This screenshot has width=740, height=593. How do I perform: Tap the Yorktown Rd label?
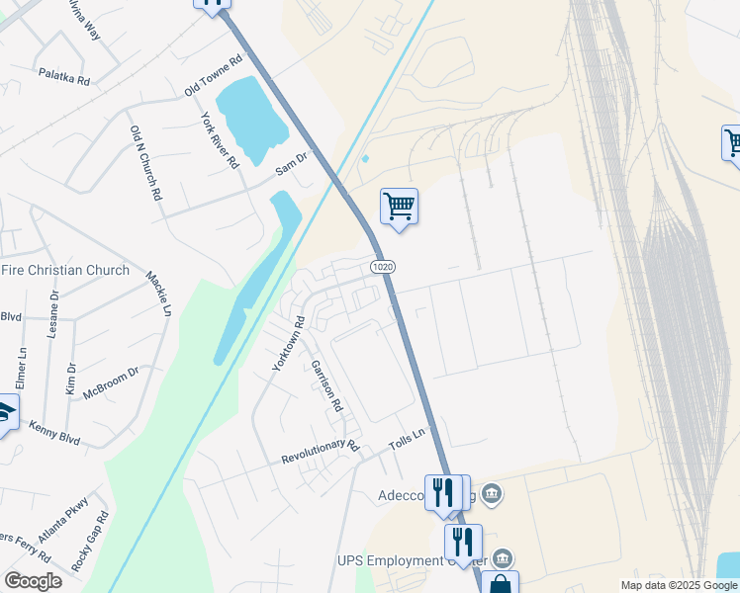(290, 344)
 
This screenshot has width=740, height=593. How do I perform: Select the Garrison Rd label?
(326, 385)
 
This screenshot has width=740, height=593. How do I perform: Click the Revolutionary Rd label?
(320, 452)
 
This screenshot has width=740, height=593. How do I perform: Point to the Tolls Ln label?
(406, 438)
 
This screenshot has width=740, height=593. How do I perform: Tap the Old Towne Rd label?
(214, 76)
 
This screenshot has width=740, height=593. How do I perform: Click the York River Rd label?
(220, 140)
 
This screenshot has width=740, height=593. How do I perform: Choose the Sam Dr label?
(292, 163)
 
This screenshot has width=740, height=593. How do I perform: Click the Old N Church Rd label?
(145, 164)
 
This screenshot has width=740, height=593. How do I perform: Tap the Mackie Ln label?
(159, 295)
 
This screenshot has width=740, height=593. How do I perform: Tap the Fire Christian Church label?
(65, 270)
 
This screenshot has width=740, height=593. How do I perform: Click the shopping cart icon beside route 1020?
(399, 207)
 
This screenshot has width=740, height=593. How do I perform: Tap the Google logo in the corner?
(33, 581)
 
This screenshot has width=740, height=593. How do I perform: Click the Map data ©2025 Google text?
(679, 585)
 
